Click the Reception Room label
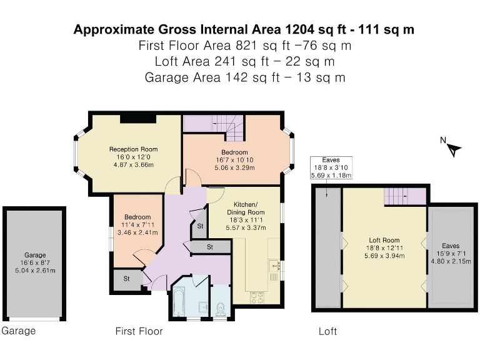point(134,149)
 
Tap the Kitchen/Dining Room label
point(246,208)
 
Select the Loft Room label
point(384,240)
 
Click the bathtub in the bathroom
point(179,301)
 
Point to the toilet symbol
point(220,309)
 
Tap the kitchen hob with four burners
point(257,298)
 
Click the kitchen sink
point(274,266)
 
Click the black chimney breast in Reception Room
point(138,119)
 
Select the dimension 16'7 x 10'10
point(234,160)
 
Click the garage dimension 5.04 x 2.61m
point(35,271)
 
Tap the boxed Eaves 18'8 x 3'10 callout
point(331,167)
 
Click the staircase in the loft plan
point(405,196)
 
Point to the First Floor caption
point(139,331)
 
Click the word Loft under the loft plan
point(327,331)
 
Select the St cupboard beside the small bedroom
point(126,279)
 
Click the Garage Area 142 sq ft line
point(245,77)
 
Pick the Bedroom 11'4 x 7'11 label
point(137,225)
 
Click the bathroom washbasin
point(204,306)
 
